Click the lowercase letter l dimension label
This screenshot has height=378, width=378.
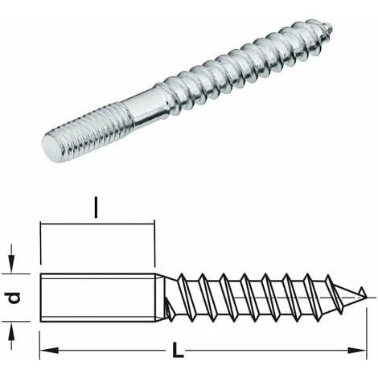tap(96, 212)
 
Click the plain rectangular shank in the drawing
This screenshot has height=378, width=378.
tap(97, 297)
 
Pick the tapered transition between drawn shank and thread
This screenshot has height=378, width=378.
tap(163, 297)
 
